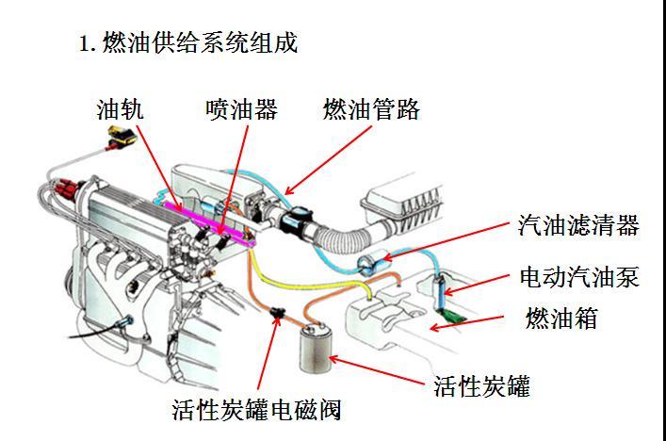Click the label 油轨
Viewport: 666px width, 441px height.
click(121, 110)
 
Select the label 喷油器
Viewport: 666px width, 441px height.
click(241, 110)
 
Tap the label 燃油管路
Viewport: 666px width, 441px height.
click(371, 110)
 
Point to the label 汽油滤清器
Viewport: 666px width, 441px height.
click(578, 225)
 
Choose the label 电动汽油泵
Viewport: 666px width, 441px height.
click(578, 277)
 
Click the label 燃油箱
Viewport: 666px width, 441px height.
click(561, 318)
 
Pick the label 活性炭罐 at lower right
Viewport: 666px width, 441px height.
click(481, 385)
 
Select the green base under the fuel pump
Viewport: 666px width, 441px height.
click(457, 308)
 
